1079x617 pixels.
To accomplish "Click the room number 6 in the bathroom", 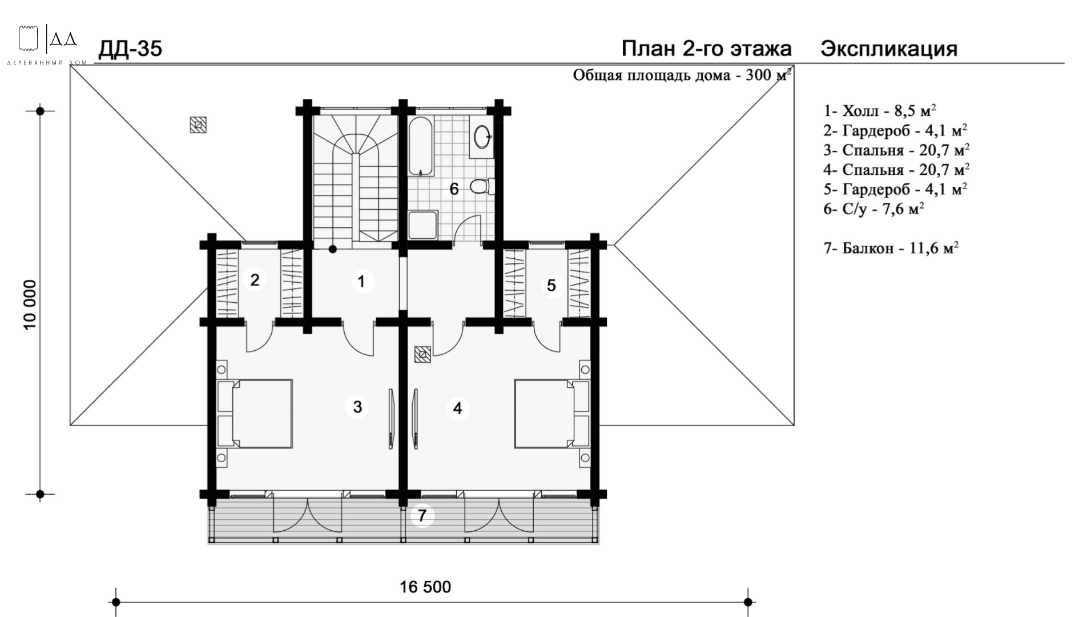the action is click(x=454, y=189).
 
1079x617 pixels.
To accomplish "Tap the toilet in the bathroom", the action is click(x=482, y=186).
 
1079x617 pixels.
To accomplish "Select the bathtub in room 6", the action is click(x=421, y=146).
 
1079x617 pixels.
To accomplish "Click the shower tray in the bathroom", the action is click(x=423, y=225).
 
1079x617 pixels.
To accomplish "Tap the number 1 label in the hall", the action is click(x=361, y=281).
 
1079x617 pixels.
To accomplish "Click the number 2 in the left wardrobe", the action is click(x=255, y=280).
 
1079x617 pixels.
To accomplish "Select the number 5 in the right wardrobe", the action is click(x=551, y=285).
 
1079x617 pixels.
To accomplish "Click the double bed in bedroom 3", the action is click(x=255, y=413).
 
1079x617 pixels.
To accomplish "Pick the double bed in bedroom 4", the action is click(x=552, y=413).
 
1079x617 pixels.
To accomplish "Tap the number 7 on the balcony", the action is click(x=422, y=516).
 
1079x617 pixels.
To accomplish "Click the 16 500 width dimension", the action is click(x=425, y=587).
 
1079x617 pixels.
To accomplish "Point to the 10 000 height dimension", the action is click(x=30, y=304).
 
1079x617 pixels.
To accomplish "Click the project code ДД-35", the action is click(x=130, y=49).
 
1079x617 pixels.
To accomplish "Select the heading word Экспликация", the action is click(x=889, y=49).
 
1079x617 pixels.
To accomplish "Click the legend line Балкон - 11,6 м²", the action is click(x=891, y=249).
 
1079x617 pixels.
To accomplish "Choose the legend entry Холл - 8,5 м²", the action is click(x=880, y=110).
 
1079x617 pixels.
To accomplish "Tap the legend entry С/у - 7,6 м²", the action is click(x=874, y=209).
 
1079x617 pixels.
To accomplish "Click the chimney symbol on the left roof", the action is click(x=198, y=125).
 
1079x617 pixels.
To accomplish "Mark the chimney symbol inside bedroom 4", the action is click(x=422, y=355).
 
